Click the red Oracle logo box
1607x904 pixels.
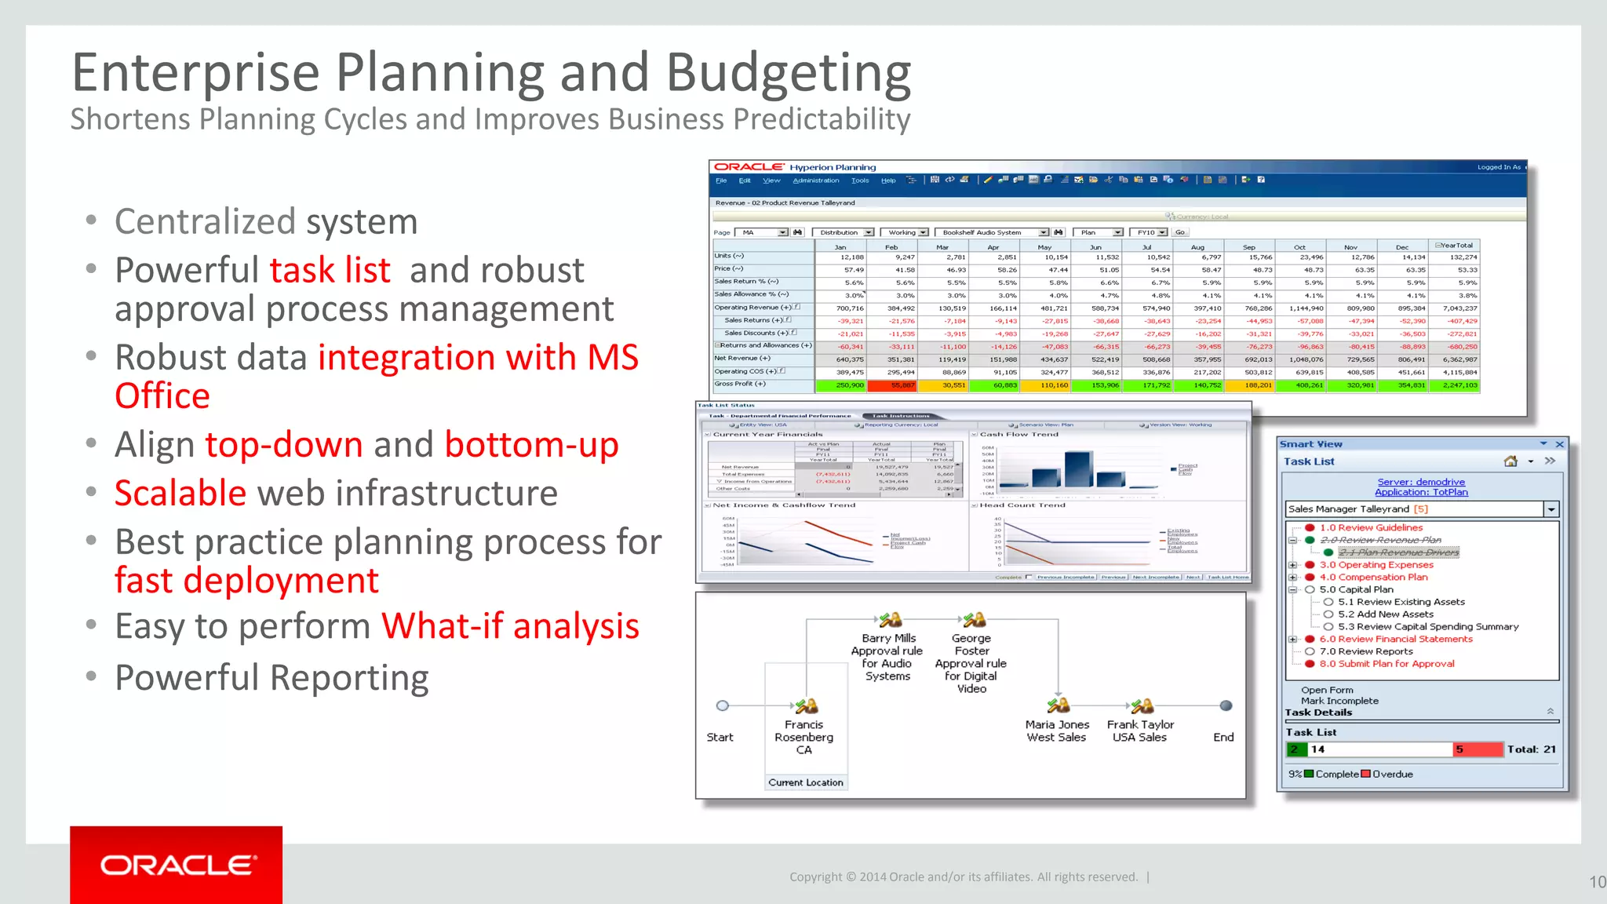coord(176,864)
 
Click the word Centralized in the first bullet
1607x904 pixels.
coord(205,222)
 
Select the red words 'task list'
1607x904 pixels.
coord(330,271)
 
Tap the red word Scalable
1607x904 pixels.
coord(180,494)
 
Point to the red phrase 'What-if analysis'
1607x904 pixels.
coord(510,626)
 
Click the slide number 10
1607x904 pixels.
coord(1597,882)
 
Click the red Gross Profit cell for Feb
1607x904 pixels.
coord(892,385)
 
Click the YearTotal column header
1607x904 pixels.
coord(1456,246)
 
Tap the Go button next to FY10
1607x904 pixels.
coord(1179,232)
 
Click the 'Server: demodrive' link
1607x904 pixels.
coord(1420,482)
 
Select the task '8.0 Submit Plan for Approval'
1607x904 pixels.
coord(1387,664)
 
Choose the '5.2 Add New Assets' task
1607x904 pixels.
coord(1385,614)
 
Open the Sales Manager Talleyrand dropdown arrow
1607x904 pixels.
coord(1551,509)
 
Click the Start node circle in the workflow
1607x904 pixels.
coord(723,705)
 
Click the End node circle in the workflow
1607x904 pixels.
coord(1226,705)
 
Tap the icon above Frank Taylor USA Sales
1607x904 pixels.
coord(1142,705)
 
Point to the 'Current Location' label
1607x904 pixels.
coord(806,782)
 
